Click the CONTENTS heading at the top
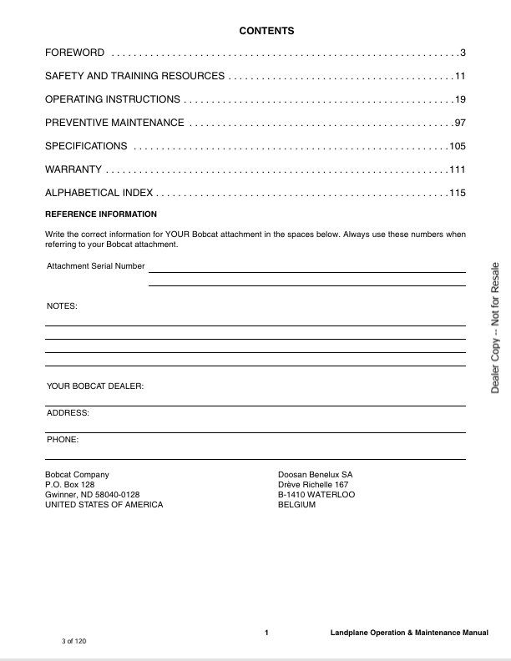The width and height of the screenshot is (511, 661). [x=266, y=31]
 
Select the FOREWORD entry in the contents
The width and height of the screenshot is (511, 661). [x=74, y=53]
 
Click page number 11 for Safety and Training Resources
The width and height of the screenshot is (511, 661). [x=459, y=77]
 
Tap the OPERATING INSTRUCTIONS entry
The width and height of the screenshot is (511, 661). [x=112, y=100]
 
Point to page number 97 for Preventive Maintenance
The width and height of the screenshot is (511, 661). [x=459, y=124]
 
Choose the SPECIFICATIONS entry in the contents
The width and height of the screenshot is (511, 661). [x=86, y=147]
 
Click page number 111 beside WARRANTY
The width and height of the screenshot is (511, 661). [x=457, y=170]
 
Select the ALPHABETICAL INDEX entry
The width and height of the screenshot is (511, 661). [x=99, y=194]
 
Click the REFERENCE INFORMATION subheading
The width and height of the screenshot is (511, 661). [x=100, y=214]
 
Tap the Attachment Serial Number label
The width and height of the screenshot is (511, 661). [x=95, y=266]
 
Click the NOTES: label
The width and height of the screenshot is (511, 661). [x=62, y=306]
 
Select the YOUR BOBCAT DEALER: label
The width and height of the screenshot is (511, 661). [x=95, y=386]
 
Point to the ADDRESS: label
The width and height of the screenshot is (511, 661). [x=68, y=413]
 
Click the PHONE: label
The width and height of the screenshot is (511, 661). [x=63, y=439]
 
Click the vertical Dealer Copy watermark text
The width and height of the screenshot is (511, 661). [x=495, y=327]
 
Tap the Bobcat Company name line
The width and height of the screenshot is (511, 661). [x=77, y=474]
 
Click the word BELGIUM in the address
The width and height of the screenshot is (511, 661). [x=296, y=505]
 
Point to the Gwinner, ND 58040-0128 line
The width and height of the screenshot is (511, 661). [x=92, y=495]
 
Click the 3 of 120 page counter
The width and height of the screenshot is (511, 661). [x=73, y=641]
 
